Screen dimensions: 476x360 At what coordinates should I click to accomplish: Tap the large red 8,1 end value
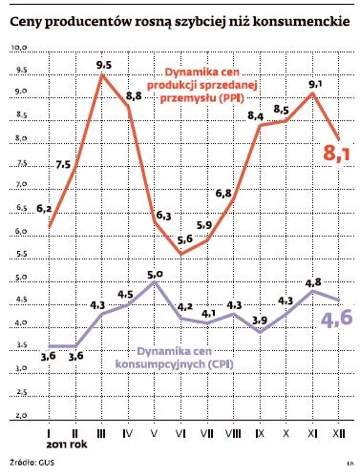pos(334,152)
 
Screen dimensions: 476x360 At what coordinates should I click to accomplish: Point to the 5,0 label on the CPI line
pos(157,274)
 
